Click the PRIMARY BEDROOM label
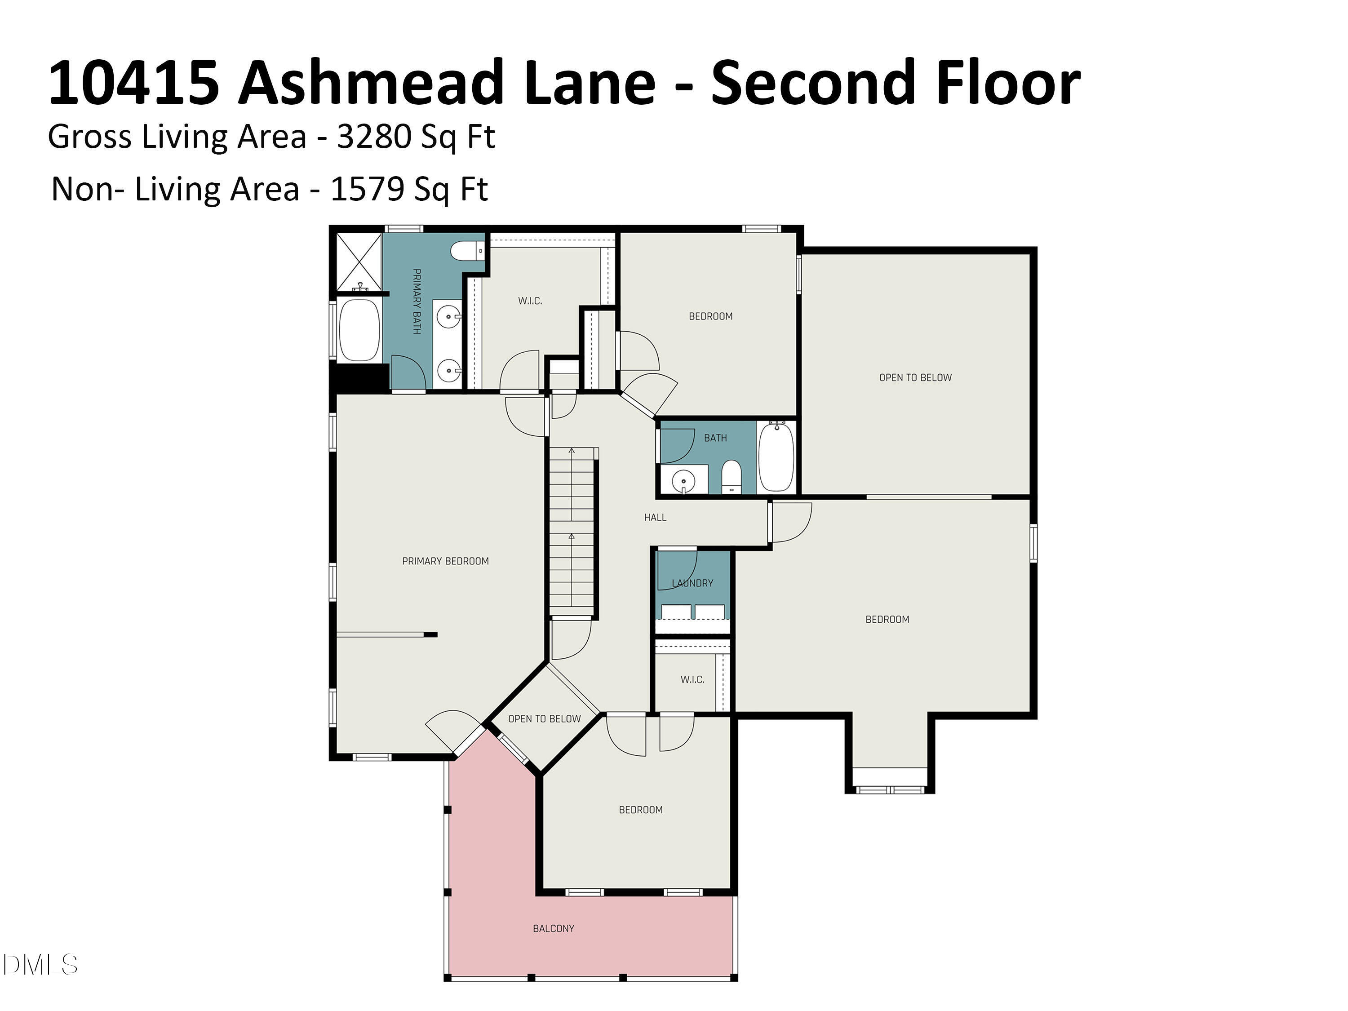(445, 561)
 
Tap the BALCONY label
(553, 929)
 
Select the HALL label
(655, 517)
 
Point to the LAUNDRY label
(692, 583)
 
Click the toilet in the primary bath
(467, 250)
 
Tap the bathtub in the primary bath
(359, 330)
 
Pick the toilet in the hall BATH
(731, 477)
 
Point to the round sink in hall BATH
(683, 481)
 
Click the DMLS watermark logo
(40, 965)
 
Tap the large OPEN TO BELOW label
(915, 378)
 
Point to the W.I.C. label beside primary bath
(530, 301)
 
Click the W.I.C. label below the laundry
(692, 679)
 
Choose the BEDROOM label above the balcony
(640, 810)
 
